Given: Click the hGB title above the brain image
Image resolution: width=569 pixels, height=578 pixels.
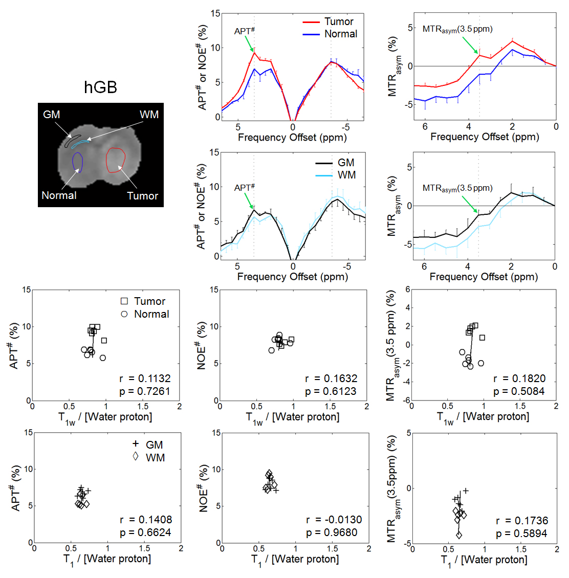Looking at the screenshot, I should tap(100, 87).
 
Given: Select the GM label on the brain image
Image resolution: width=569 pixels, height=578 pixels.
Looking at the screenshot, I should tap(52, 115).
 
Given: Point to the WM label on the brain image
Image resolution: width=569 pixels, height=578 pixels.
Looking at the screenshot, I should tap(149, 115).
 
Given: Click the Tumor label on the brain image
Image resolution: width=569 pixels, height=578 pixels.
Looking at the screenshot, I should tap(142, 196).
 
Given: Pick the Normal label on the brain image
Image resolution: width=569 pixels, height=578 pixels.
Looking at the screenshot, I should tap(59, 195).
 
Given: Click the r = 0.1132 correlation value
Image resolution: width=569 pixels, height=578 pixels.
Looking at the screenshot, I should tap(145, 379).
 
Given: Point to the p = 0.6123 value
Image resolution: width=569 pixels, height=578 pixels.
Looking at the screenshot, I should tap(332, 391).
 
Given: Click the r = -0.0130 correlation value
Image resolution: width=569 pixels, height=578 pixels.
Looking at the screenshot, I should tap(334, 520).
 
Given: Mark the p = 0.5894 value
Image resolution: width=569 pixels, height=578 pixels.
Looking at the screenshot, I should tap(521, 533).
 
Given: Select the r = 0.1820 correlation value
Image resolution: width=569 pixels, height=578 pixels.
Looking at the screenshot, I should tap(519, 379).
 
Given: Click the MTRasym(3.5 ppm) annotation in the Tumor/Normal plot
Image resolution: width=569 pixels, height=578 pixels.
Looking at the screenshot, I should tap(457, 29).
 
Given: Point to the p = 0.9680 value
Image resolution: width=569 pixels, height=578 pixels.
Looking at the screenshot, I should tap(332, 532).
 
